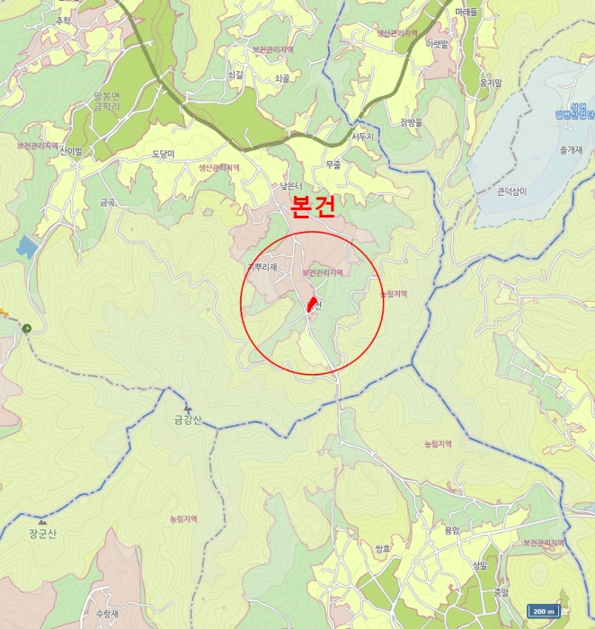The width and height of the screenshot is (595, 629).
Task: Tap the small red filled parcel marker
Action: point(313,304)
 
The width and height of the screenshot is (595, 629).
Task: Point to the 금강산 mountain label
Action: point(189,420)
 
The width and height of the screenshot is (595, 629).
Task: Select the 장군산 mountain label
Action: point(42,534)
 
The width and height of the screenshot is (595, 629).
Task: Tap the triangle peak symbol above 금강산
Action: point(188,408)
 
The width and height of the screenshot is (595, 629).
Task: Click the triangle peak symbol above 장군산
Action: point(41,521)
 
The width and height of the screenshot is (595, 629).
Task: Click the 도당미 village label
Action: point(163,155)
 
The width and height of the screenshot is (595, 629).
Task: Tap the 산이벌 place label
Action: point(71,151)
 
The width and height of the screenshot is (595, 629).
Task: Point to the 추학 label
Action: point(63,20)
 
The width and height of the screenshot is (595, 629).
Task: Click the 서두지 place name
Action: point(361,137)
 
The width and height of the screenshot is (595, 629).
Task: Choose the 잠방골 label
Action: point(411,121)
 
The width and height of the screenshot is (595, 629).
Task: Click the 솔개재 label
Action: point(571,150)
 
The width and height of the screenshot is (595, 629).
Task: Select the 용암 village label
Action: point(451,530)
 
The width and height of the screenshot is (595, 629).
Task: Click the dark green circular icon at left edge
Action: point(28,328)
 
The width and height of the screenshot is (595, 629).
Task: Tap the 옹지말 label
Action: point(490,83)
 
